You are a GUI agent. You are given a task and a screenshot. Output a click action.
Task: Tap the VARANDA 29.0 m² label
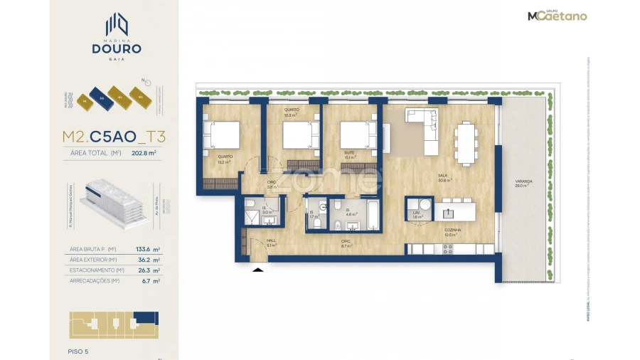pyautogui.click(x=524, y=184)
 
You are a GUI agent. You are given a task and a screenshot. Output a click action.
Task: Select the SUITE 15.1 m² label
pyautogui.click(x=349, y=158)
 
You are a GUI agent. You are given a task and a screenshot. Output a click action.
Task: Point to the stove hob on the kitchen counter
pyautogui.click(x=448, y=249)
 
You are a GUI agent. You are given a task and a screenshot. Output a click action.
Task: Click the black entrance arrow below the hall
pyautogui.click(x=258, y=269)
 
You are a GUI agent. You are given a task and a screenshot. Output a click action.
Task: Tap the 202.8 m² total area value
pyautogui.click(x=144, y=152)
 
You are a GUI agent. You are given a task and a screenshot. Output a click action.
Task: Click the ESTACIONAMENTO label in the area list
pyautogui.click(x=97, y=270)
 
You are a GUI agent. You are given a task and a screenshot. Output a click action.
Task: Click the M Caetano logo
pyautogui.click(x=557, y=16)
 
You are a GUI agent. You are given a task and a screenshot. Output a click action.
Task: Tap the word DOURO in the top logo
pyautogui.click(x=117, y=48)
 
